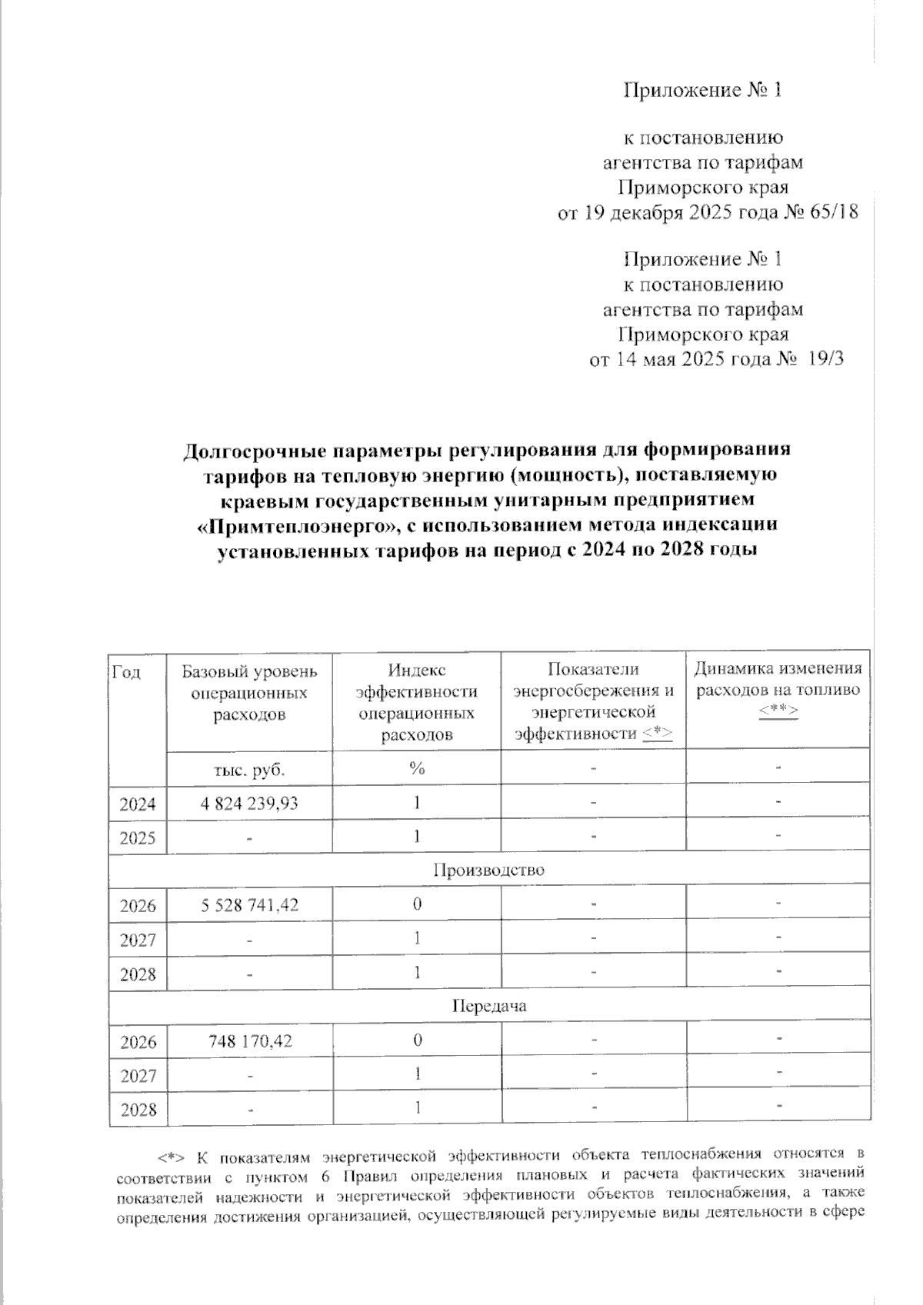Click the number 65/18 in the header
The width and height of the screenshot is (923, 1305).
point(835,212)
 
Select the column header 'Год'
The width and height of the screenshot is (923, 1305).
point(127,671)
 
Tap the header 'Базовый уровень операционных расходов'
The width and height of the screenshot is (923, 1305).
point(249,692)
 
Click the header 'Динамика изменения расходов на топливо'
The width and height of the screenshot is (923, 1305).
point(778,681)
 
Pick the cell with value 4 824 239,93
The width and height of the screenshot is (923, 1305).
point(249,804)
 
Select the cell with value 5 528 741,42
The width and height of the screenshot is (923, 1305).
point(249,905)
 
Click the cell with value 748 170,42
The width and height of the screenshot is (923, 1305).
point(250,1041)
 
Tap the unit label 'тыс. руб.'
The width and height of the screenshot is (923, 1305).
point(249,768)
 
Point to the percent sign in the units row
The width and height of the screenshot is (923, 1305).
point(417,768)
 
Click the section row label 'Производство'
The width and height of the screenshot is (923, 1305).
point(488,871)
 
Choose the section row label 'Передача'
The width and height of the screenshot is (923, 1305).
point(488,1006)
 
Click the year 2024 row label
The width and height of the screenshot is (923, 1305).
point(138,804)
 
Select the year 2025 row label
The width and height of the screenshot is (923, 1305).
point(138,837)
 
